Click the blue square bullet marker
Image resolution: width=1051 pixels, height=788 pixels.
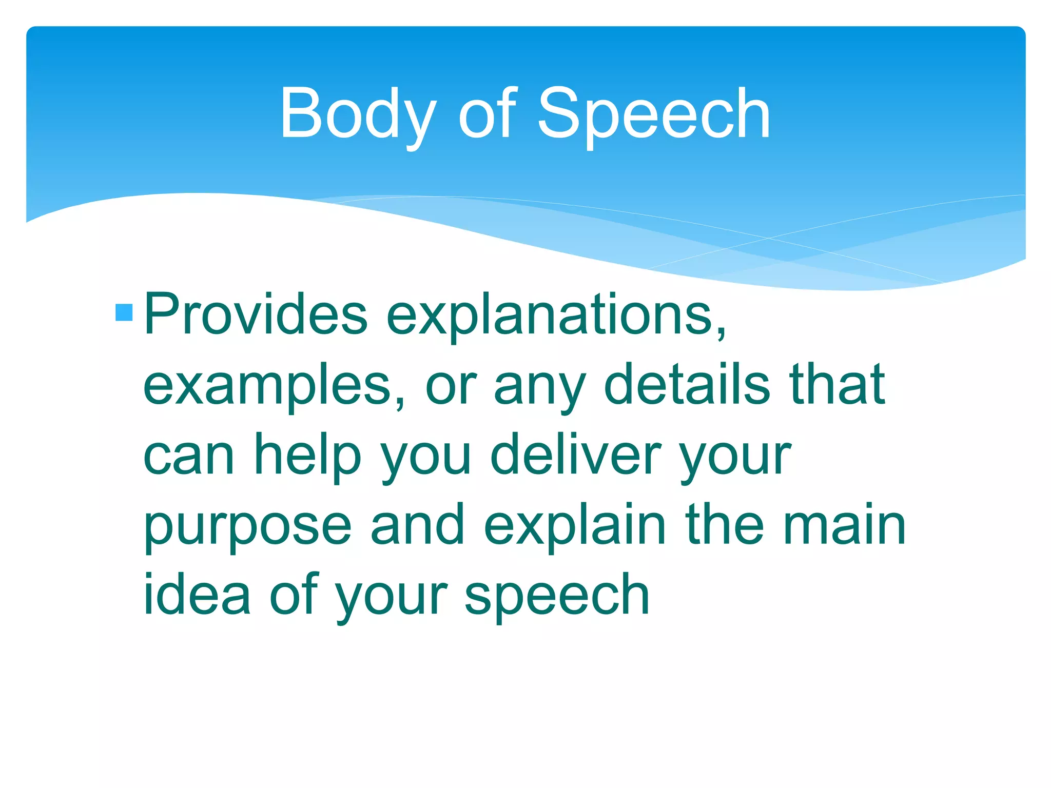coord(124,312)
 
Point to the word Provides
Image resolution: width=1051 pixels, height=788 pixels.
coord(256,314)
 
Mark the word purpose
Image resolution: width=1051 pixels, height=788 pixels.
coord(247,526)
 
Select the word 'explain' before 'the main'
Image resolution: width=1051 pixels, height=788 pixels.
coord(575,525)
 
